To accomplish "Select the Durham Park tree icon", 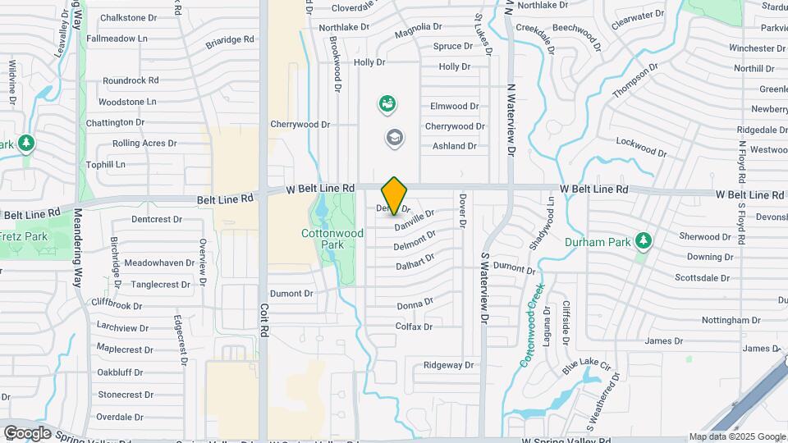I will coord(644,241).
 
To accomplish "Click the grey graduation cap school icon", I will coord(395,137).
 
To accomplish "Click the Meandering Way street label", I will coord(79,255).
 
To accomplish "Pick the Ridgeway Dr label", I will coord(449,365).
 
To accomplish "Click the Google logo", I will coord(27,433).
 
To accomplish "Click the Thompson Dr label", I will coord(635,81).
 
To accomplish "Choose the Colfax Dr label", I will coord(414,327).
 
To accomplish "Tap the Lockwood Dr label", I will coord(641,146).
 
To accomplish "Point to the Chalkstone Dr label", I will coord(128,17).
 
